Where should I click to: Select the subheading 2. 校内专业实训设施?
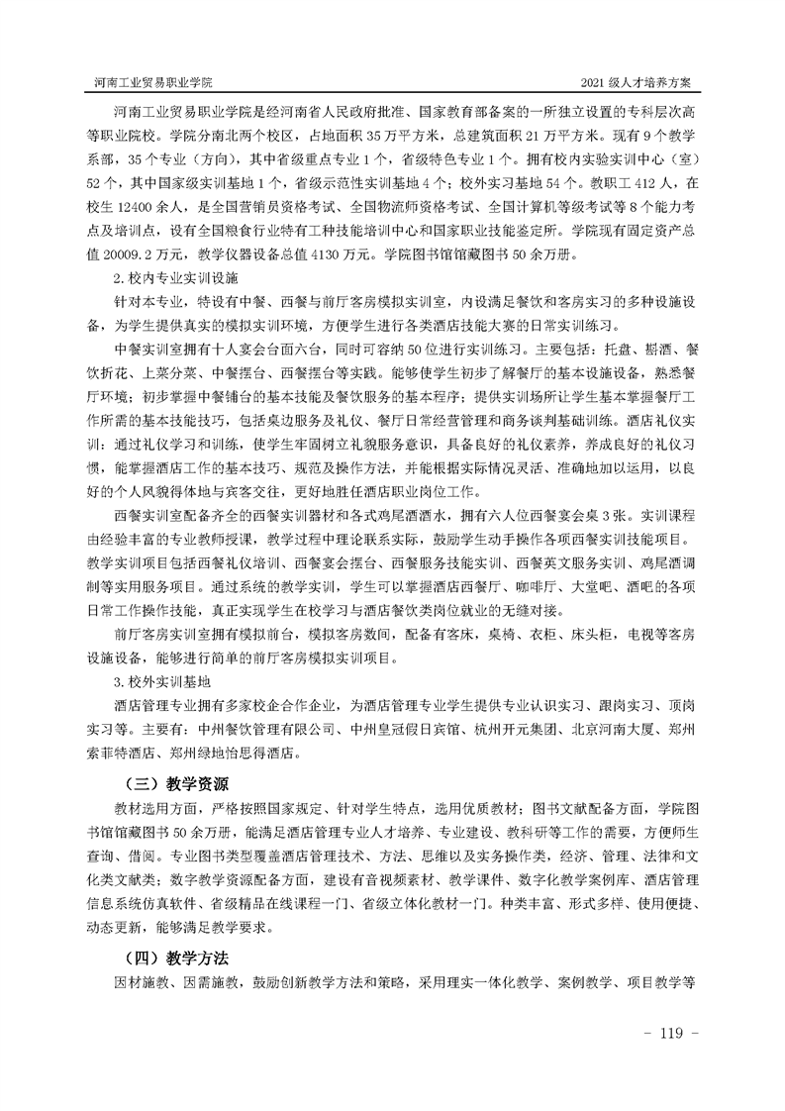coord(168,281)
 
